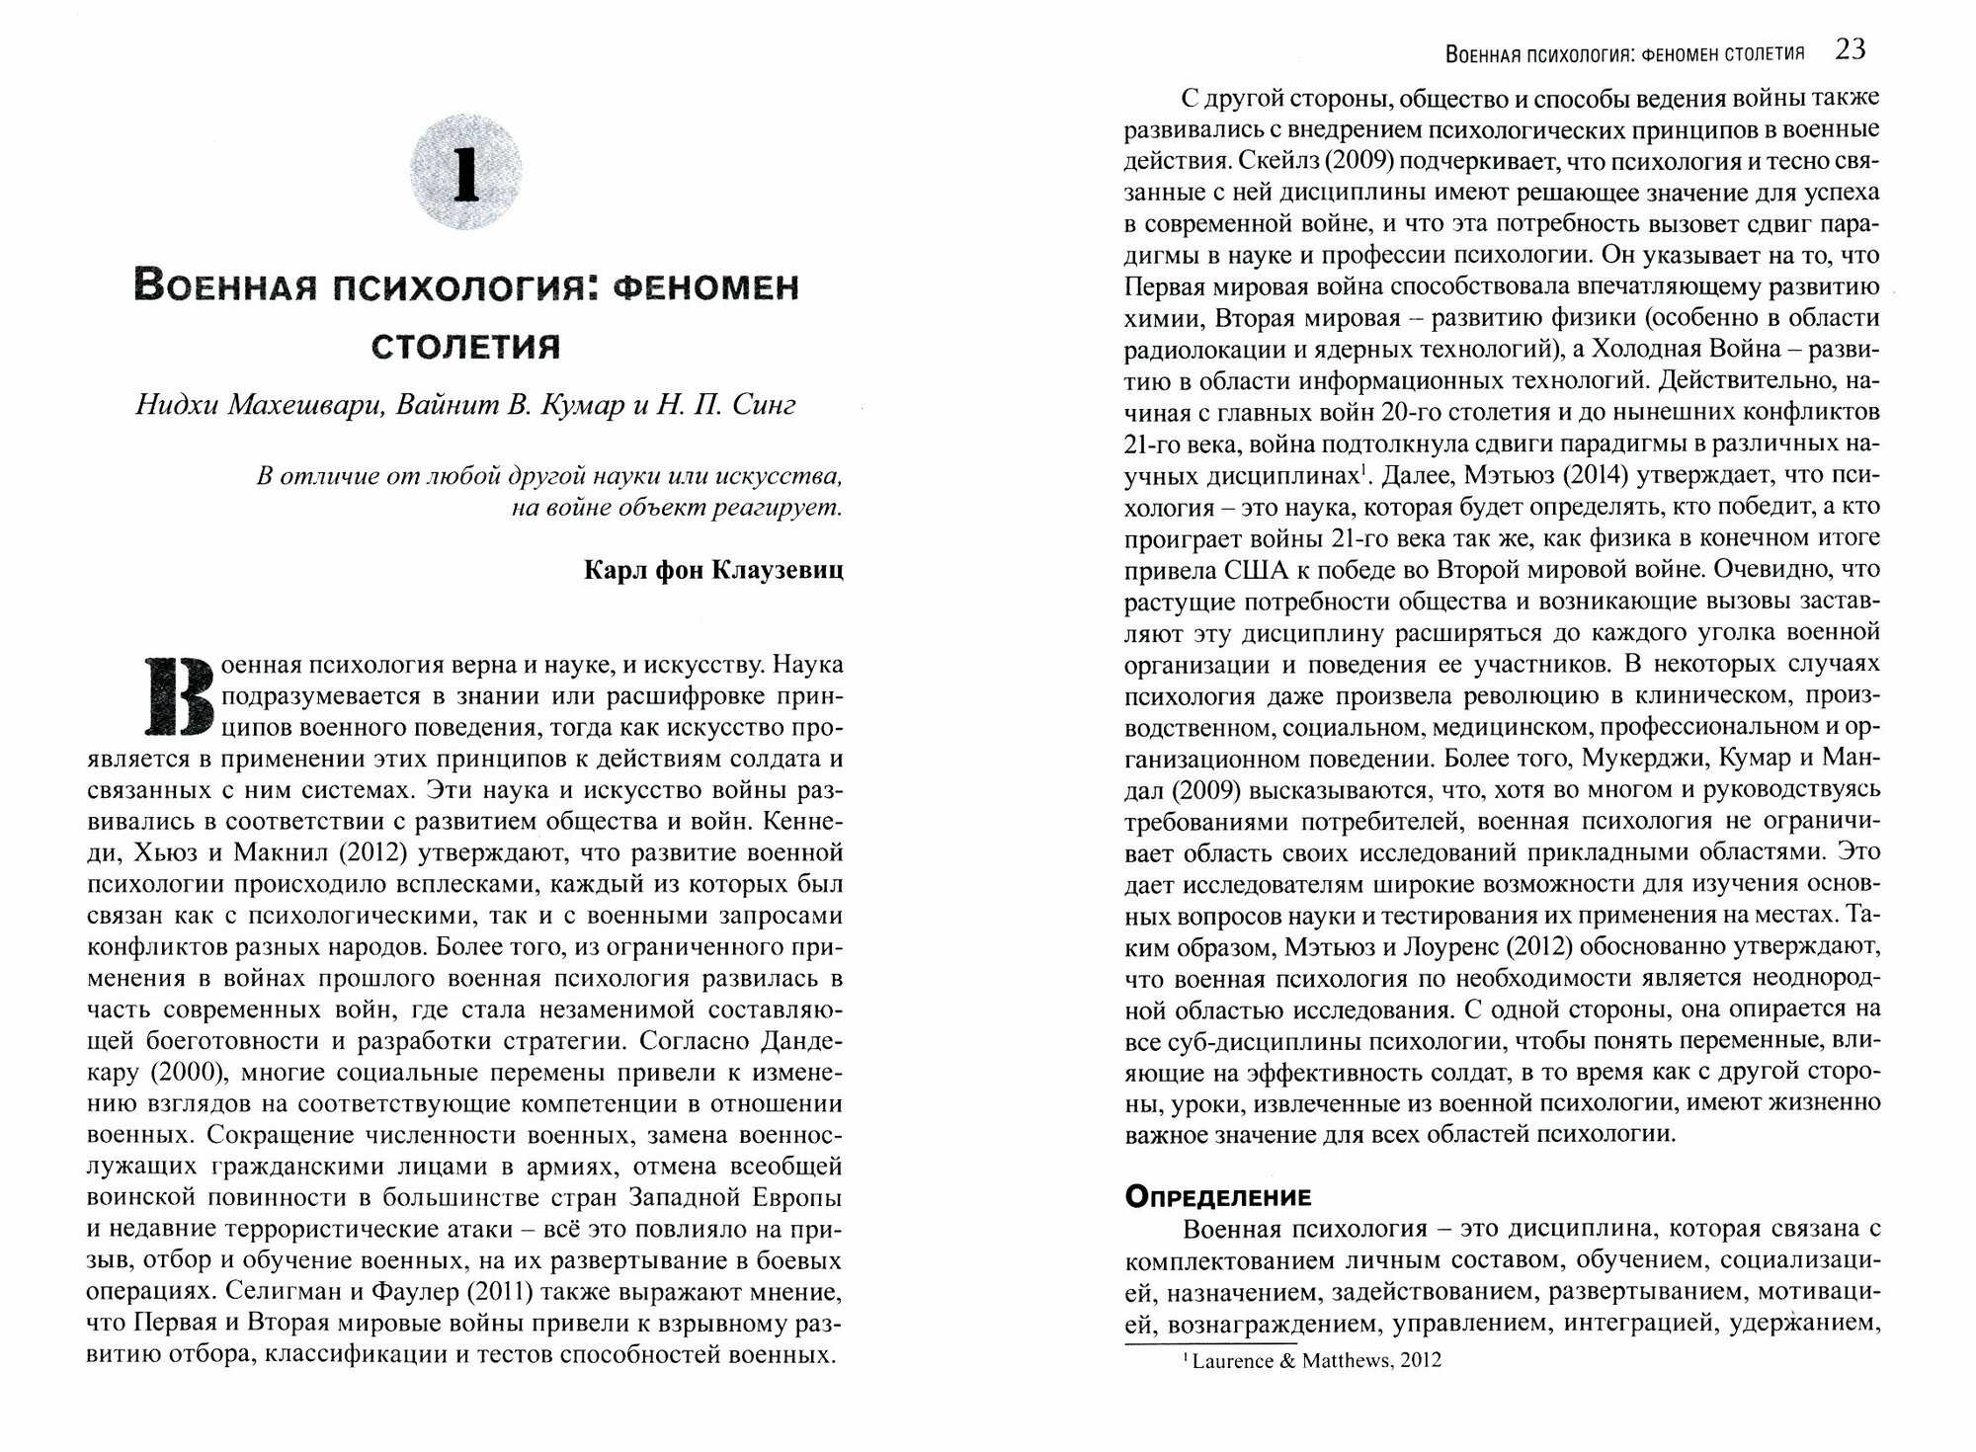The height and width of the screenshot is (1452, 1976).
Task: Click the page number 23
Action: pyautogui.click(x=1851, y=49)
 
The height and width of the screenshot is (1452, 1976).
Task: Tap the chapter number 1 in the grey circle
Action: pyautogui.click(x=465, y=175)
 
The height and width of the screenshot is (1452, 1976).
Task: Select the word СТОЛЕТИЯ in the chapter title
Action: pyautogui.click(x=465, y=347)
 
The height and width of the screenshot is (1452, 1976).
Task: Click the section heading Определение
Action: pyautogui.click(x=1217, y=1197)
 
